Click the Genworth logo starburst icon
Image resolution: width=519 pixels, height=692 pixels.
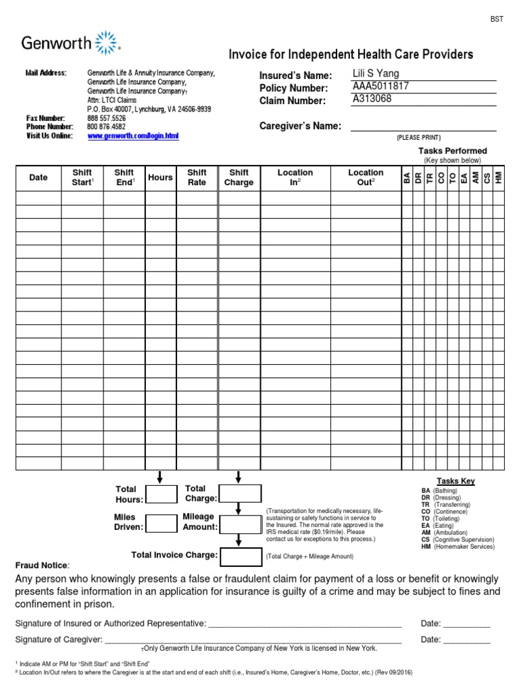107,42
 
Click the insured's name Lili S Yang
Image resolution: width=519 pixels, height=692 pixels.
376,74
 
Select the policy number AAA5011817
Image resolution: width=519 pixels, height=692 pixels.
380,86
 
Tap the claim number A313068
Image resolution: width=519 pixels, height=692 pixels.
372,99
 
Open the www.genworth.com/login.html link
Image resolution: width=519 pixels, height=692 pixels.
133,136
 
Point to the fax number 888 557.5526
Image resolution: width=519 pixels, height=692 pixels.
106,118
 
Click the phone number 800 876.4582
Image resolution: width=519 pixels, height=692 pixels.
106,126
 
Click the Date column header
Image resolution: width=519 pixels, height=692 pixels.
39,178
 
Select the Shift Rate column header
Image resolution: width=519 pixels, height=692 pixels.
197,178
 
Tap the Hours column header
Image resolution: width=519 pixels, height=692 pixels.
160,178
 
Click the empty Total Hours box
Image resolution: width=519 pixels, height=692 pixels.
162,495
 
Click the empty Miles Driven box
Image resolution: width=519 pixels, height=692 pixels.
162,523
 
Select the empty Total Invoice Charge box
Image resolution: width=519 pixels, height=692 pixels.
239,556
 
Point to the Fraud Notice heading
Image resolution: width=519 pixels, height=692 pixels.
41,565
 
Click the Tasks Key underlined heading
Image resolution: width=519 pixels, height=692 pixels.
455,481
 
